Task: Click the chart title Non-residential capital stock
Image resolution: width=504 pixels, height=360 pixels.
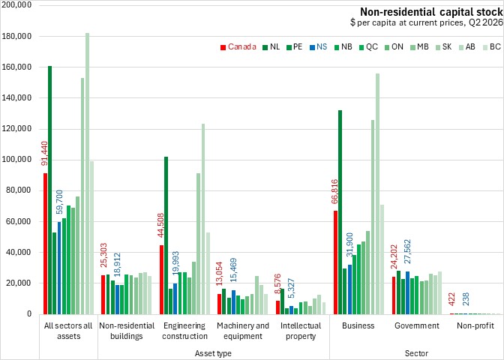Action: [431, 12]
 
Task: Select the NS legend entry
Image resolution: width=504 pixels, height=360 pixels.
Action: [317, 47]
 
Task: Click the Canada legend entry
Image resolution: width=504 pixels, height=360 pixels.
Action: [238, 47]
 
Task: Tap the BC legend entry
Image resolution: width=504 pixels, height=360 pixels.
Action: [491, 47]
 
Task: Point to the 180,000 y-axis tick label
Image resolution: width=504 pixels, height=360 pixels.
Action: [16, 36]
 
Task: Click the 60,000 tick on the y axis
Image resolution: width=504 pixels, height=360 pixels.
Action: [18, 221]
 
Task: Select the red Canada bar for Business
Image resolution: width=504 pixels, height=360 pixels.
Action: [335, 262]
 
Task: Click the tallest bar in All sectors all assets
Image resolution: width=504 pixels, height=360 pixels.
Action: [87, 173]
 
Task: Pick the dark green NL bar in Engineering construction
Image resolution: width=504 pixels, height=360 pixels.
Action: [166, 235]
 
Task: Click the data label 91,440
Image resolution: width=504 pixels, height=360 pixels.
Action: [45, 154]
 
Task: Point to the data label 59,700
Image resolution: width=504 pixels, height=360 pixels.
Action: [59, 202]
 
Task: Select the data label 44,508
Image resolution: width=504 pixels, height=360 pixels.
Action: [160, 225]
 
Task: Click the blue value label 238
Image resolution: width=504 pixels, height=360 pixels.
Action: [466, 299]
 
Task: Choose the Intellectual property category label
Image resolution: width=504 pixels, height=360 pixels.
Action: [301, 331]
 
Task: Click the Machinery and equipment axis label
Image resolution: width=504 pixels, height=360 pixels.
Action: [243, 331]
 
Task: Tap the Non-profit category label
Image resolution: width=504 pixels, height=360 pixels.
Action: [475, 325]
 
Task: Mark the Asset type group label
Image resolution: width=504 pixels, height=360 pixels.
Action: [213, 353]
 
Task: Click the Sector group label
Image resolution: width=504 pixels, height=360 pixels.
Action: [416, 353]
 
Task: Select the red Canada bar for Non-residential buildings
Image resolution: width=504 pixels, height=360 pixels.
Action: [103, 295]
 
